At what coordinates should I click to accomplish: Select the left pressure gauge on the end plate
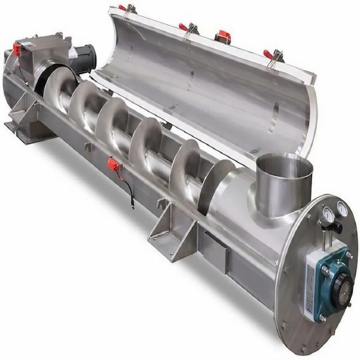click(327, 213)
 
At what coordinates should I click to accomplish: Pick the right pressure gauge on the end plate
click(341, 207)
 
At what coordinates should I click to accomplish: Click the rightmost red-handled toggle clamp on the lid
click(271, 55)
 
